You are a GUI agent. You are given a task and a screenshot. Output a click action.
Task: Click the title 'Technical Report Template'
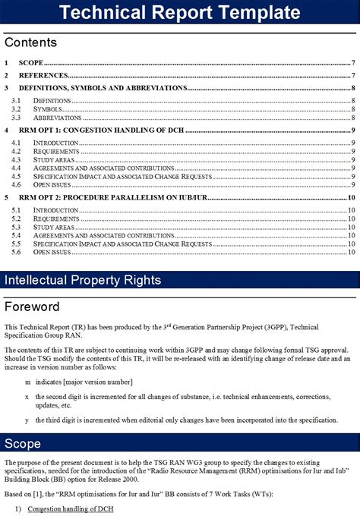pyautogui.click(x=180, y=13)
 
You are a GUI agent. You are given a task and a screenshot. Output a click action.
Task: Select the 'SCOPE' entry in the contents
pyautogui.click(x=31, y=63)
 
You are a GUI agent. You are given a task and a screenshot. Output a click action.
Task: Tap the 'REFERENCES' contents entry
pyautogui.click(x=43, y=76)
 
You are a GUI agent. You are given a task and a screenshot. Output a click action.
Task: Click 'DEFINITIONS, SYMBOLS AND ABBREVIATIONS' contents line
pyautogui.click(x=103, y=88)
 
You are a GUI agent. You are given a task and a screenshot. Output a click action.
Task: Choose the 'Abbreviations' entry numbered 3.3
pyautogui.click(x=57, y=118)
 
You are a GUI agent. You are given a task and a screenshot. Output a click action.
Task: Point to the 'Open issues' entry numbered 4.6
pyautogui.click(x=52, y=184)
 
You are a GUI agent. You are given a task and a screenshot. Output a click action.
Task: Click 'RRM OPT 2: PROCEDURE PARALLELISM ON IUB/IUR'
pyautogui.click(x=113, y=197)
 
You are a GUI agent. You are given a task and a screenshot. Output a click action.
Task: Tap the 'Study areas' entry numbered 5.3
pyautogui.click(x=54, y=227)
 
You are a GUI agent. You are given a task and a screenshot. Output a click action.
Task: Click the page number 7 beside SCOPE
pyautogui.click(x=354, y=63)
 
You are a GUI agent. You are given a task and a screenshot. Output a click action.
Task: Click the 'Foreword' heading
pyautogui.click(x=32, y=307)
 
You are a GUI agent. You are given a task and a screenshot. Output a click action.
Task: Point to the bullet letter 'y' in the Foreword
pyautogui.click(x=27, y=420)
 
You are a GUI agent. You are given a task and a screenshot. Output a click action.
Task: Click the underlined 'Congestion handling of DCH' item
pyautogui.click(x=71, y=509)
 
